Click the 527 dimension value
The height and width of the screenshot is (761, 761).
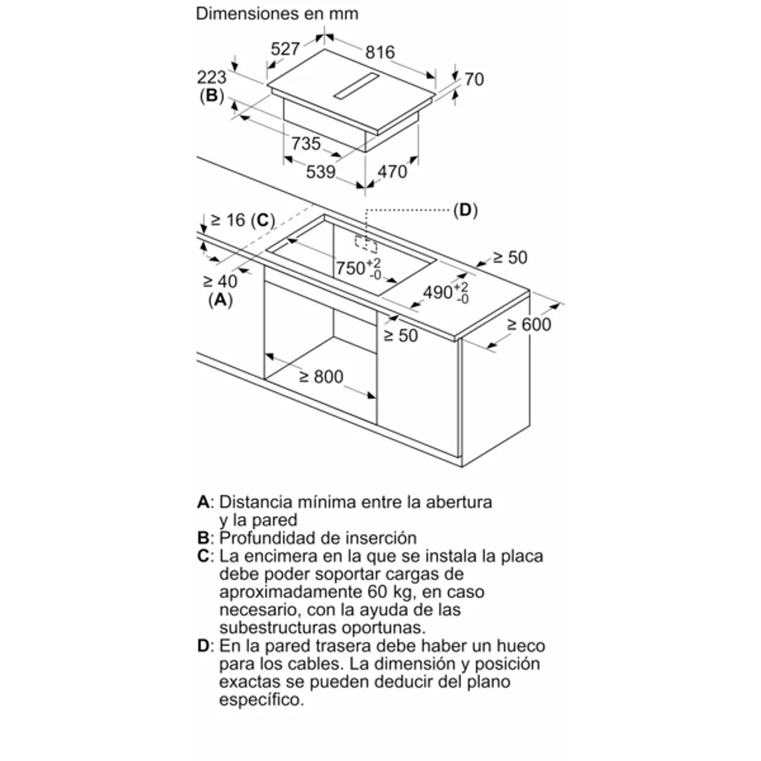285,48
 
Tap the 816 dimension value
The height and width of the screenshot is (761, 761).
380,52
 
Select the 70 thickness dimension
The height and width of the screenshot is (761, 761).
473,79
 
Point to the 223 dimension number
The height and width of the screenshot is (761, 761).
212,77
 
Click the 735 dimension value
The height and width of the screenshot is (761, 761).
306,144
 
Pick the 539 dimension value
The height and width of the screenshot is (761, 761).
320,172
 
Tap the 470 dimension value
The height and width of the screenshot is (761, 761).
393,172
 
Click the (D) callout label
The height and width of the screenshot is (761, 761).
465,210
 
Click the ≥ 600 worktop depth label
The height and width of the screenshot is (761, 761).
529,324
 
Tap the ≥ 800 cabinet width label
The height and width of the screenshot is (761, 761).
320,377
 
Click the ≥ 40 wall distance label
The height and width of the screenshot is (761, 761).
220,282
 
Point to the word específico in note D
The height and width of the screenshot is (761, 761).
260,700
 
